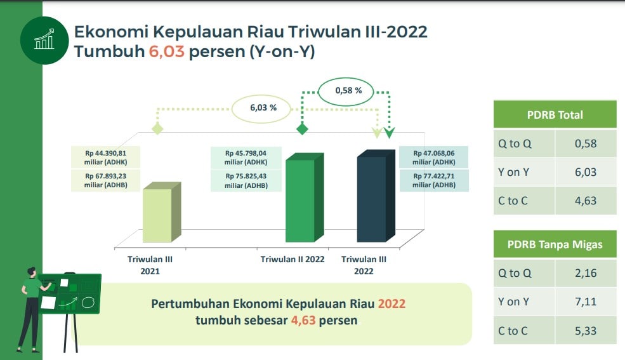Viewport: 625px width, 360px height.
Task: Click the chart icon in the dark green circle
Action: pos(44,39)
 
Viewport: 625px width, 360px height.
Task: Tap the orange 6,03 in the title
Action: pos(167,52)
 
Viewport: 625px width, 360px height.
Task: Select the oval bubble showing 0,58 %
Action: pos(346,91)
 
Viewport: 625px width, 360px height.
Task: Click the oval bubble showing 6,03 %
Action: pos(261,108)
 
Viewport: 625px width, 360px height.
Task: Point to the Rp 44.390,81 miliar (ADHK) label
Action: pos(105,157)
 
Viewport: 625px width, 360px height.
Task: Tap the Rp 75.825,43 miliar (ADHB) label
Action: pos(246,181)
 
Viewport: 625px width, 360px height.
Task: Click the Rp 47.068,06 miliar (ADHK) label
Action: pos(433,157)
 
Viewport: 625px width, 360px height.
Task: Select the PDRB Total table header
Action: pos(555,115)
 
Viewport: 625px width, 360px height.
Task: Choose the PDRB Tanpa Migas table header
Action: pos(555,244)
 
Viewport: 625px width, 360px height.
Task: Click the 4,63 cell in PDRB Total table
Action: pos(586,201)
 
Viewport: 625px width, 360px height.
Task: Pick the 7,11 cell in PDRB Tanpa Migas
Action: pos(586,302)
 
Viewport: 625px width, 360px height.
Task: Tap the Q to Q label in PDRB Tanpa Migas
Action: pos(515,273)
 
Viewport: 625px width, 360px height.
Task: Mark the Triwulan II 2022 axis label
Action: pos(293,260)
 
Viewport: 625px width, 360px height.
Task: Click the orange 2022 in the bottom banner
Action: pos(391,303)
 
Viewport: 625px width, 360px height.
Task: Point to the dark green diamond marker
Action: pos(302,129)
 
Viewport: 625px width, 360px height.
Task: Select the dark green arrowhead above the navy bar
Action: pos(389,133)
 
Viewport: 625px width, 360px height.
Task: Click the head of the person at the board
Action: pos(32,272)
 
